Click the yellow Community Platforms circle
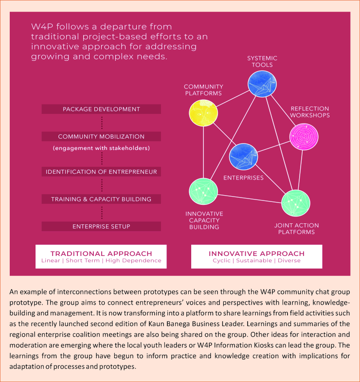tap(203, 113)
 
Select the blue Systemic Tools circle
tap(262, 84)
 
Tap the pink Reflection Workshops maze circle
tap(304, 137)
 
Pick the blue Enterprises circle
tap(244, 157)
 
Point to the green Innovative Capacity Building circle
tap(203, 191)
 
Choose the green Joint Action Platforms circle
tap(296, 203)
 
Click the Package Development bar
tap(101, 109)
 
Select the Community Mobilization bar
tap(101, 136)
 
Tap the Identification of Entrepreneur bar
tap(101, 172)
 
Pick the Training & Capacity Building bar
tap(101, 199)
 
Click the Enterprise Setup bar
tap(101, 226)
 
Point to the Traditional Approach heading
tap(101, 254)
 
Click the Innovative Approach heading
tap(257, 254)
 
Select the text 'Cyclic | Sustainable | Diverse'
tap(257, 261)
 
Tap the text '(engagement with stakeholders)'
tap(101, 148)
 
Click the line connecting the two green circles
tap(250, 199)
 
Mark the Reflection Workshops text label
tap(310, 112)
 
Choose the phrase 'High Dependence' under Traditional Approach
tap(133, 261)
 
